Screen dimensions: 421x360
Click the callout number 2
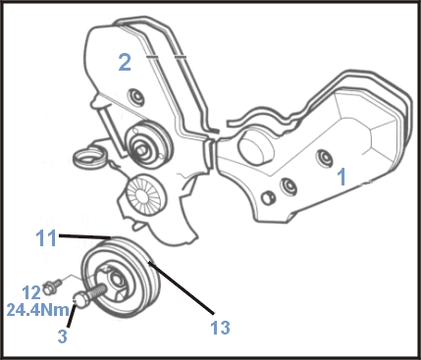coord(125,63)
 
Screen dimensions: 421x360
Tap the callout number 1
coord(342,177)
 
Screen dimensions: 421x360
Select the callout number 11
coord(46,237)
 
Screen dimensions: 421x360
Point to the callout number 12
coord(31,292)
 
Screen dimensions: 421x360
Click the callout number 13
coord(220,328)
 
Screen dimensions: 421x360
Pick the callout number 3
coord(62,335)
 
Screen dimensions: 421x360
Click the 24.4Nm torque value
coord(38,310)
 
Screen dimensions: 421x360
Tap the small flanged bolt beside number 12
coord(52,285)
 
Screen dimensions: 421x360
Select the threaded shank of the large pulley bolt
coord(96,291)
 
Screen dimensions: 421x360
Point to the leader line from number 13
coord(181,287)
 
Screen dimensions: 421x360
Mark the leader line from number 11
coord(84,236)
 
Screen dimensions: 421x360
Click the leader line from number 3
coord(72,315)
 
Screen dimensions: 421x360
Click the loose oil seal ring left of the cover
coord(88,158)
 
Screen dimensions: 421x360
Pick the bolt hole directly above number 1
coord(325,158)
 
